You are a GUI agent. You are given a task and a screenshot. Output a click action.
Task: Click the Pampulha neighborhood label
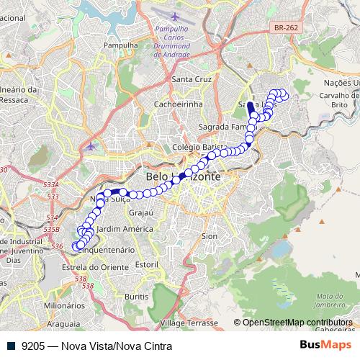click(x=121, y=45)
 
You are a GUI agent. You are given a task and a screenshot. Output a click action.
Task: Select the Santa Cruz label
click(x=190, y=79)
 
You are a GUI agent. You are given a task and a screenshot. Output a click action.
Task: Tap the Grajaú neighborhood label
click(x=139, y=213)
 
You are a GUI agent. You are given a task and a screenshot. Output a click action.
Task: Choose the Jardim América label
click(x=125, y=229)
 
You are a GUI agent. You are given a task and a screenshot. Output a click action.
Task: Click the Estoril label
click(x=145, y=265)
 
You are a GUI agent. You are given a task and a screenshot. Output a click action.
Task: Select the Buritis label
click(x=135, y=296)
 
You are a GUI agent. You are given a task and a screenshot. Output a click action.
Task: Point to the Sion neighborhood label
click(x=210, y=235)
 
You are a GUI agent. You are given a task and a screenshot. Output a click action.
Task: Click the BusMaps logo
click(x=325, y=346)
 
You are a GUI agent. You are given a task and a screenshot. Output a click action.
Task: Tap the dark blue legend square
click(x=12, y=346)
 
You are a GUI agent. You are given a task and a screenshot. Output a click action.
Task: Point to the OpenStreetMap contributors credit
click(x=297, y=323)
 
